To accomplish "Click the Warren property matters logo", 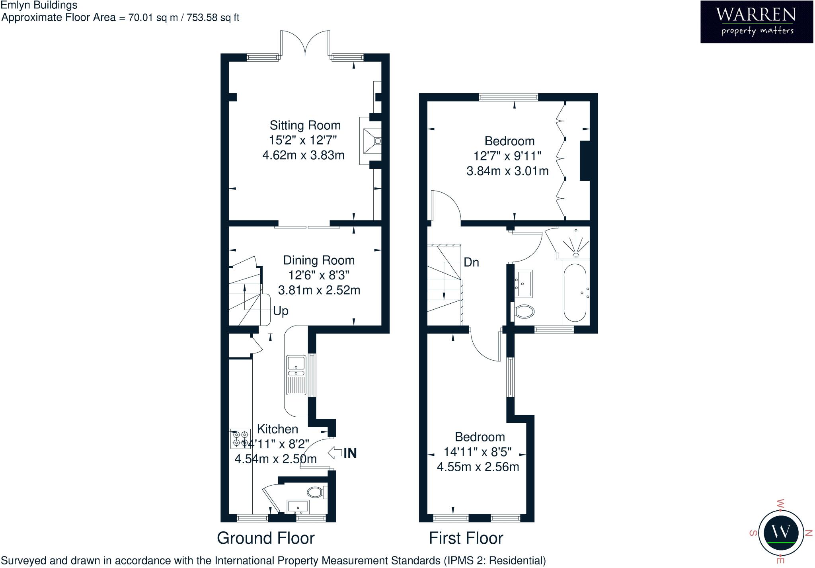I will click(756, 21).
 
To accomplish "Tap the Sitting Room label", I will click(305, 125).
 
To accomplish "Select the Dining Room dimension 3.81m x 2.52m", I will click(319, 290).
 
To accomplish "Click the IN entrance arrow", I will click(343, 453).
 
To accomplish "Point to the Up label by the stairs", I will click(281, 311).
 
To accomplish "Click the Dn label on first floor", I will click(471, 262).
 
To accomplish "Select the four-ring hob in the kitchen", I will click(241, 439).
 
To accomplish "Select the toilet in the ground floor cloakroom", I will click(316, 492).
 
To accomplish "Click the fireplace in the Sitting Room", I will click(371, 141).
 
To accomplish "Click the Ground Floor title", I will click(265, 538).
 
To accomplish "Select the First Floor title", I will click(466, 538).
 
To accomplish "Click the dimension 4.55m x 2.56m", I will click(478, 467).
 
